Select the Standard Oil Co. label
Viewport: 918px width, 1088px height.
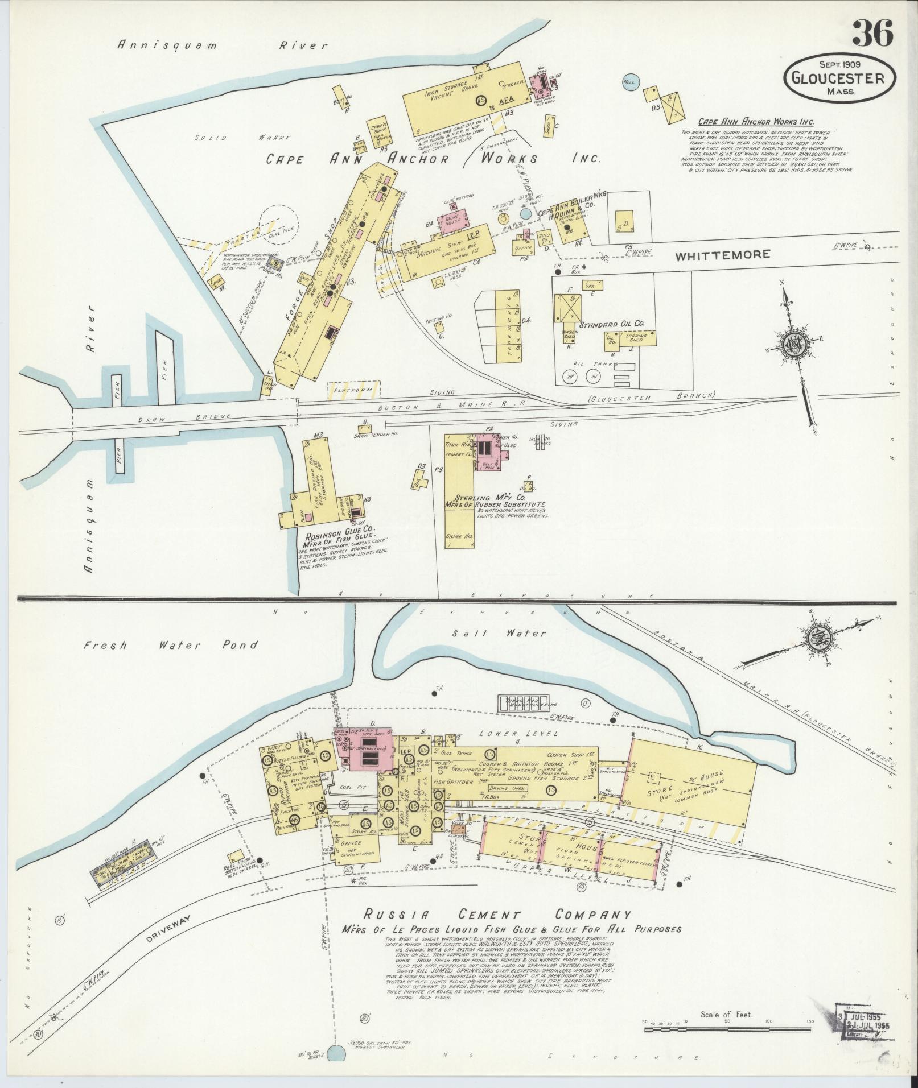pos(611,324)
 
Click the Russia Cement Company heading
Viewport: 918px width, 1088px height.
pos(497,915)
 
